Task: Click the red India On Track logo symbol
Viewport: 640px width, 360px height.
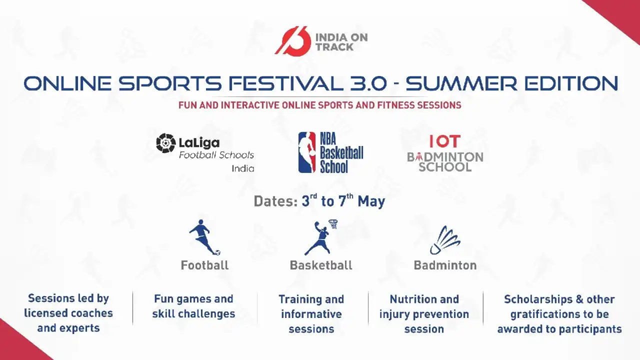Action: click(293, 41)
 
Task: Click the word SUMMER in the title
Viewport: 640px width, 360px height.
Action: click(461, 83)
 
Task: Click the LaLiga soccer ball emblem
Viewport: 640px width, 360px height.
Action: click(165, 143)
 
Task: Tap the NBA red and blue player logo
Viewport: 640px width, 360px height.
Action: click(307, 152)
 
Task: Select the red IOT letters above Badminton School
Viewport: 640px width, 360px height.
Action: click(445, 141)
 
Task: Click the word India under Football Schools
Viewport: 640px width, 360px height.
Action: click(243, 168)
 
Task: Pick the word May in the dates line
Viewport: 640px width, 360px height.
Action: click(371, 201)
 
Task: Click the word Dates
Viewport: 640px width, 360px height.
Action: click(275, 201)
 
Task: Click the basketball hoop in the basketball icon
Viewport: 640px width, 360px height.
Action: click(333, 223)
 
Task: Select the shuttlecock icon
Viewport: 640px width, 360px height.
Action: click(445, 240)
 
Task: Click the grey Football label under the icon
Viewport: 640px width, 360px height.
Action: click(204, 265)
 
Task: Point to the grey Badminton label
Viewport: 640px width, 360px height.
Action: click(445, 265)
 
